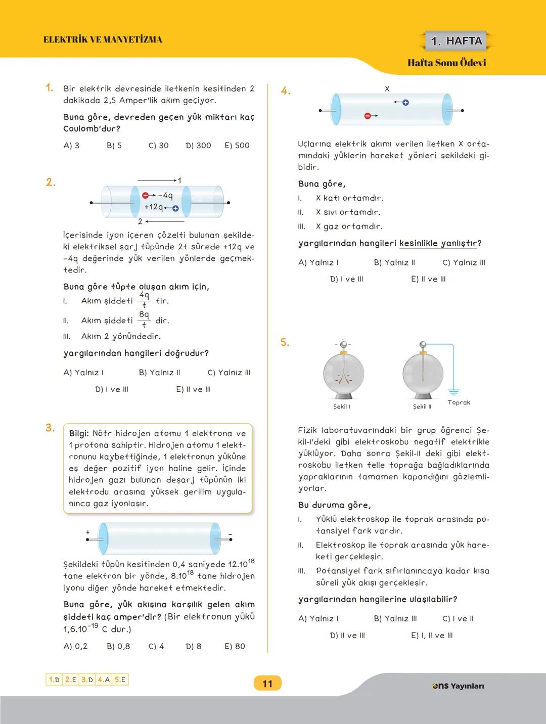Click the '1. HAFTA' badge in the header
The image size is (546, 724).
(x=457, y=41)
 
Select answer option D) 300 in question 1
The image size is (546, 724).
(x=198, y=146)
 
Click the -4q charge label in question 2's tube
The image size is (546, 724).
(x=165, y=195)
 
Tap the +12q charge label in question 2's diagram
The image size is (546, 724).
(x=154, y=207)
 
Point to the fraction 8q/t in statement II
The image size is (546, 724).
(x=144, y=320)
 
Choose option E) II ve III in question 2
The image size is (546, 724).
(x=193, y=389)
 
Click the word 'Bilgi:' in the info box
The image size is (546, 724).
(x=79, y=433)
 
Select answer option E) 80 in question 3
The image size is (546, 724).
(x=235, y=646)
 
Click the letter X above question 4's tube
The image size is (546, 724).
(x=387, y=89)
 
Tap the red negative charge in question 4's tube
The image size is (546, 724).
(x=368, y=116)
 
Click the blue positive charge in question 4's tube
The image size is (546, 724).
(x=405, y=103)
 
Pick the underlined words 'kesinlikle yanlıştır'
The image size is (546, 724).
(x=438, y=244)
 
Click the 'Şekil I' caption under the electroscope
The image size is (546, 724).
(x=342, y=406)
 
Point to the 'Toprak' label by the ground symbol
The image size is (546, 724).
(x=459, y=402)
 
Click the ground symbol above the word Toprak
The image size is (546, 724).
(x=453, y=392)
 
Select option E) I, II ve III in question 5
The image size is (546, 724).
(x=432, y=636)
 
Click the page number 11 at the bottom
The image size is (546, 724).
(x=267, y=684)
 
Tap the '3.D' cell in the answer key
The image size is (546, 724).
(x=87, y=680)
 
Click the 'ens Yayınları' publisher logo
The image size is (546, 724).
(x=458, y=686)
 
